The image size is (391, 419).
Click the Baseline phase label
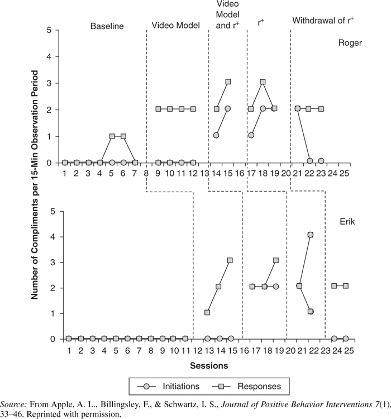pos(107,26)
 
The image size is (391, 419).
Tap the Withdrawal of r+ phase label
pos(323,21)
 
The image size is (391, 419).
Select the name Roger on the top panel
pos(350,43)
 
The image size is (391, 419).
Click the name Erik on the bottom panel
pos(347,222)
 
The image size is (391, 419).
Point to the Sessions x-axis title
pos(209,365)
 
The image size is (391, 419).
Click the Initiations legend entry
pos(168,387)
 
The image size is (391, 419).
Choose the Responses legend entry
pos(246,387)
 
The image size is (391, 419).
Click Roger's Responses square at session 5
pos(112,136)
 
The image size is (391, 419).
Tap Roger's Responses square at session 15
pos(228,82)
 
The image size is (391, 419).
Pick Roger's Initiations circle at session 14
pos(216,135)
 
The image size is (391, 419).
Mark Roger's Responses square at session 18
pos(263,82)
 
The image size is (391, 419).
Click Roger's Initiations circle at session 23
pos(321,161)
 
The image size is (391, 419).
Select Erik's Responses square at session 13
pos(207,312)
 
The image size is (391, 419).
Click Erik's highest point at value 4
pos(311,235)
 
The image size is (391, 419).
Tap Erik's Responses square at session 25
pos(346,286)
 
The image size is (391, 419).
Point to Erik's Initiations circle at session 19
pos(276,287)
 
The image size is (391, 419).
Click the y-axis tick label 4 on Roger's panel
pos(49,56)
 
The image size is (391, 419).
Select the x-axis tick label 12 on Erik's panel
pos(198,350)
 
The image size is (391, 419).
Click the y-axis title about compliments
pos(35,185)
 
